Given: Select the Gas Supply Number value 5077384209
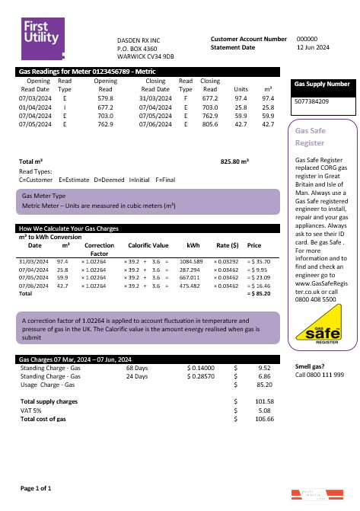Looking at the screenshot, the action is click(x=311, y=101).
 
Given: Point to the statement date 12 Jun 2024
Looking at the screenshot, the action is click(x=313, y=47).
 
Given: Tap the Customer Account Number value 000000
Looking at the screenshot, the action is click(x=307, y=38).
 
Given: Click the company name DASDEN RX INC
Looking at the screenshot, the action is click(x=139, y=40).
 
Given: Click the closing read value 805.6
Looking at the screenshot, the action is click(x=211, y=123).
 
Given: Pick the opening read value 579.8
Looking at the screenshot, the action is click(x=105, y=98).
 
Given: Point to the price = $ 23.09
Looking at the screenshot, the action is click(x=259, y=278).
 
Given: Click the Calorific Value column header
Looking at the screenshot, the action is click(x=148, y=246).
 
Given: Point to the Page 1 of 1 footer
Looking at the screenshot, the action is click(x=35, y=487).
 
